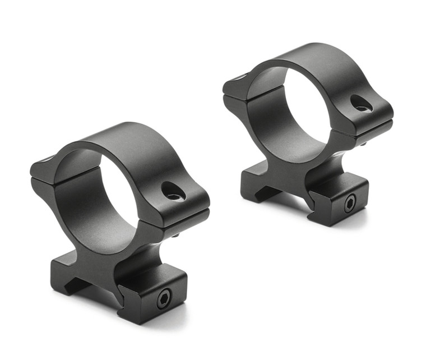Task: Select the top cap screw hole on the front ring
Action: (x=173, y=192)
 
